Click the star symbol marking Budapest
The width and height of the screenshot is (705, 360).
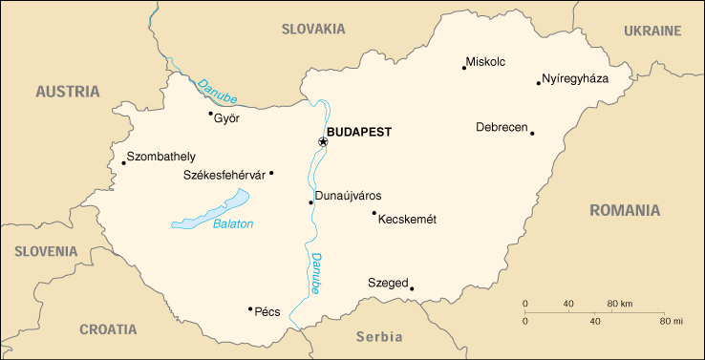tap(323, 142)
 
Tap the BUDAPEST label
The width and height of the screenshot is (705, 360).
tap(358, 132)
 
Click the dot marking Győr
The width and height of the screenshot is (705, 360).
tap(211, 114)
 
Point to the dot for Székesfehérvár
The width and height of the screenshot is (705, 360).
tap(271, 173)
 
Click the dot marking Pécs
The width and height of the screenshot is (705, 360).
tap(250, 308)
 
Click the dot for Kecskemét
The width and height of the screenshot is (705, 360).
tap(374, 213)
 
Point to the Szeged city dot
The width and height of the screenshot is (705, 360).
tap(412, 288)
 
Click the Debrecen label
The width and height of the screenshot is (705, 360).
tap(502, 127)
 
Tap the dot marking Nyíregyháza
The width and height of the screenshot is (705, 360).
tap(539, 83)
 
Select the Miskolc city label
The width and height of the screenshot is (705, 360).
tap(485, 63)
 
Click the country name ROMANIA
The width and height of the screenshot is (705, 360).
tap(625, 210)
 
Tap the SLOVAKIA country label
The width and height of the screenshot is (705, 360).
tap(312, 29)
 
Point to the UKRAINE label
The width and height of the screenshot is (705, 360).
tap(652, 31)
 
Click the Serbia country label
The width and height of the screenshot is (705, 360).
tap(378, 336)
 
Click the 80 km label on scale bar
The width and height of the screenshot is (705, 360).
tap(620, 304)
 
